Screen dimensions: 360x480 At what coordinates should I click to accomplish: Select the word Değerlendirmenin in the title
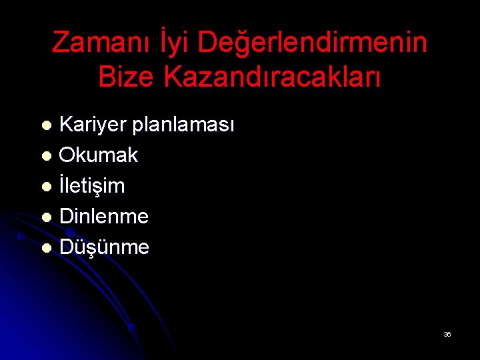click(x=313, y=43)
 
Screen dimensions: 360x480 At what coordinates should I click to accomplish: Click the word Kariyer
click(x=92, y=125)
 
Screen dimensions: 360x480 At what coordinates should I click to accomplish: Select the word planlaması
click(x=183, y=125)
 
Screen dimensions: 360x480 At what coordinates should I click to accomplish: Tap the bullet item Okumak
click(x=99, y=155)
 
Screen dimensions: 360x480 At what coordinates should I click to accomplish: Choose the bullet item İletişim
click(x=92, y=186)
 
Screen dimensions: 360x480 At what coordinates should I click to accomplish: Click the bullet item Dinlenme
click(x=104, y=217)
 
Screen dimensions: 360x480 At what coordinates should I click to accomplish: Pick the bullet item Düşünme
click(x=104, y=247)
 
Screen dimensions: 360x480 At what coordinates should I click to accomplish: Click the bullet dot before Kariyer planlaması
click(x=46, y=126)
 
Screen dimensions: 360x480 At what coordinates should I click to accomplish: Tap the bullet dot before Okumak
click(x=46, y=157)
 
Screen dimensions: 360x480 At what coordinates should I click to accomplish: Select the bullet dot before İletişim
click(x=46, y=187)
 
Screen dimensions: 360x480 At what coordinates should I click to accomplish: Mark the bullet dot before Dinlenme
click(x=46, y=218)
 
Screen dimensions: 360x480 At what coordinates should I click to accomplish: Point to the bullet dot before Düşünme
click(x=46, y=249)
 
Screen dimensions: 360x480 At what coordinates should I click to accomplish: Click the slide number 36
click(x=447, y=334)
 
